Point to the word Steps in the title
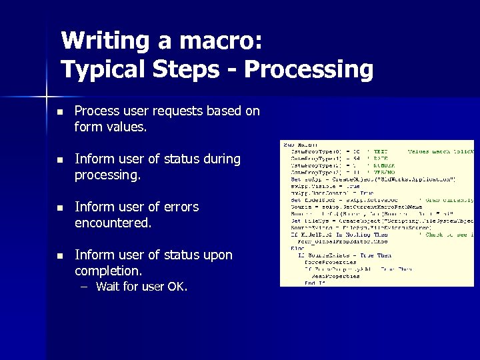click(200, 69)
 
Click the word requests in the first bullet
click(179, 111)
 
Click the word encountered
click(113, 223)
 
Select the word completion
click(108, 271)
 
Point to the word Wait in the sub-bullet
click(109, 287)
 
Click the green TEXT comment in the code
click(381, 151)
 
